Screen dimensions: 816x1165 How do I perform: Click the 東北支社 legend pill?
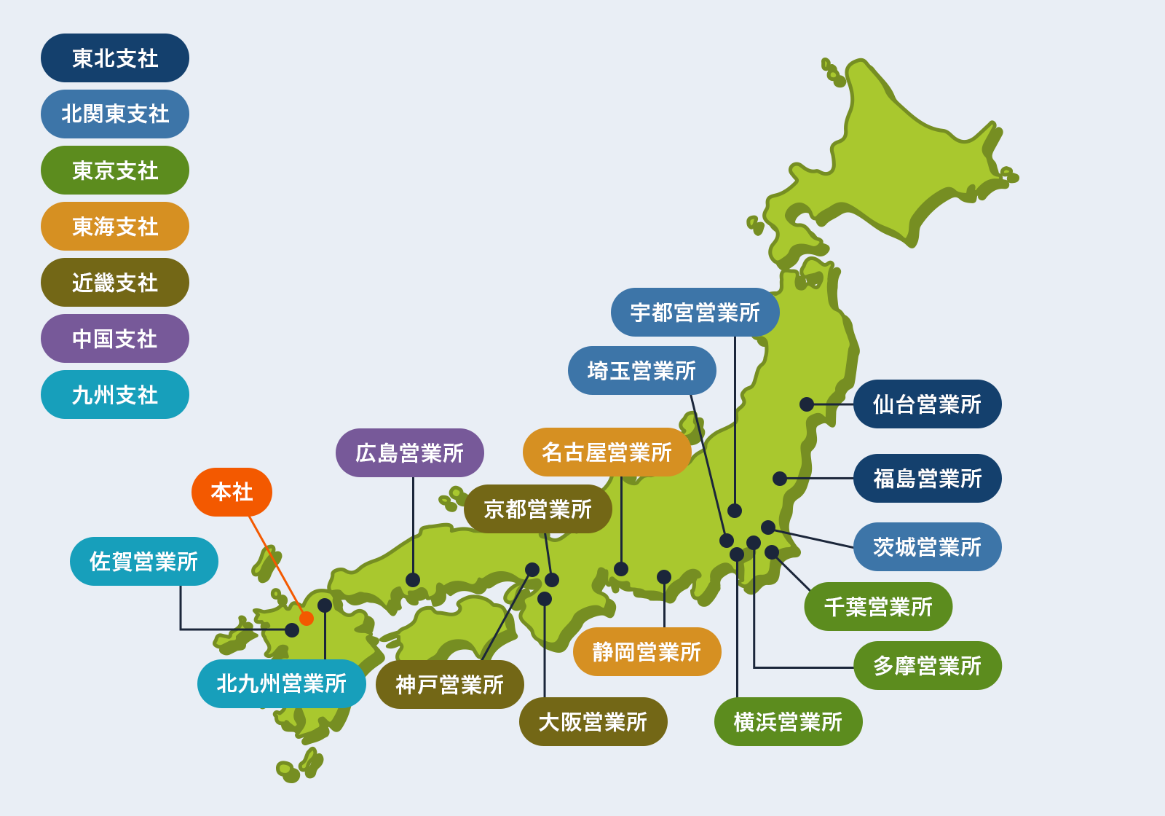[x=114, y=58]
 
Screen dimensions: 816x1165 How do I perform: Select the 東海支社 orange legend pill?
[x=114, y=227]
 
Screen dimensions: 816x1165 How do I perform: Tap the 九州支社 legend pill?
[x=114, y=395]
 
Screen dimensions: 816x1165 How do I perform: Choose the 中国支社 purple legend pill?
[x=114, y=339]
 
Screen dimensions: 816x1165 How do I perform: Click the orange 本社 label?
[x=232, y=492]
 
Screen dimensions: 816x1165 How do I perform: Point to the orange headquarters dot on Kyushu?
[x=307, y=619]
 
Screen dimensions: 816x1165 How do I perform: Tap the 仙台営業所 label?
[x=927, y=404]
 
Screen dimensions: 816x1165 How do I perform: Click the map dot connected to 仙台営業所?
[x=807, y=404]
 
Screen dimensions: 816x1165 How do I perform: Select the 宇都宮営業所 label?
[x=695, y=313]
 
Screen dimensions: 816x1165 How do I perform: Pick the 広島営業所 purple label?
[x=409, y=453]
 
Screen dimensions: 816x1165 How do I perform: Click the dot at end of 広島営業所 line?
[x=413, y=580]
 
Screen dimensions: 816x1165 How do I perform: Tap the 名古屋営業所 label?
[x=607, y=452]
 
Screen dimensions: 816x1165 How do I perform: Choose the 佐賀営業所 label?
[x=143, y=562]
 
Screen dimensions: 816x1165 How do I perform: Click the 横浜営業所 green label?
[x=788, y=722]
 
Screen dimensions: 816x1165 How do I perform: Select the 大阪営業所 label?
[x=593, y=722]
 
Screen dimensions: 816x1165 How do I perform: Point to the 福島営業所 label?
[x=927, y=479]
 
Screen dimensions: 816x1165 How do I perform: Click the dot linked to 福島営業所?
[x=780, y=479]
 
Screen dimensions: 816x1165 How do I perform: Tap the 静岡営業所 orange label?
[x=647, y=652]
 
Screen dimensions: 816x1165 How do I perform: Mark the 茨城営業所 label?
[x=927, y=547]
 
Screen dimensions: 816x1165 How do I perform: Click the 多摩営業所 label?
[x=927, y=666]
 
